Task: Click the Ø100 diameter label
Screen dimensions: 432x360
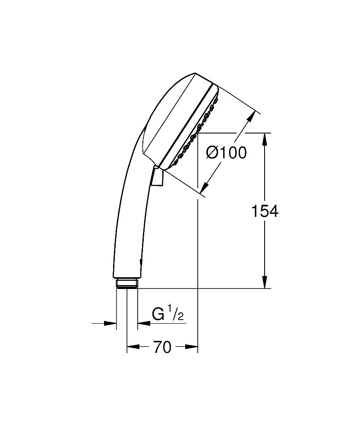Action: point(226,152)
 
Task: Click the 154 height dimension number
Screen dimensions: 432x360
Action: point(265,211)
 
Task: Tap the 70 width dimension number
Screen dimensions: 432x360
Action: point(162,347)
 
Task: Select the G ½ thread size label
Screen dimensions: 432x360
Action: point(168,314)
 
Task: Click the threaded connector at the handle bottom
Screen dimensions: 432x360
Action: point(127,284)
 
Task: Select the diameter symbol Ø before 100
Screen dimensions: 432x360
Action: point(212,152)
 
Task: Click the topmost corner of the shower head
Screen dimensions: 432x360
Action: point(196,73)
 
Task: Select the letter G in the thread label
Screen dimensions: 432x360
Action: point(158,314)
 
